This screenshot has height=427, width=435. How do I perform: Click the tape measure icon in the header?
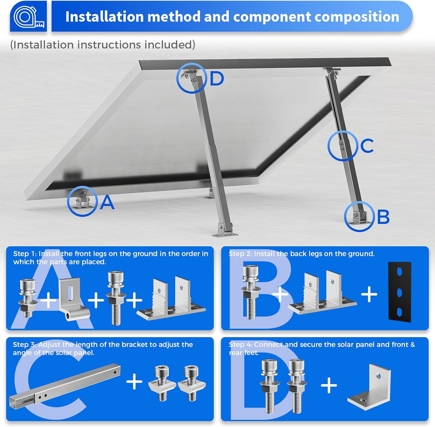tap(29, 17)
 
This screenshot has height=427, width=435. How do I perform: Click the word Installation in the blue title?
tap(104, 17)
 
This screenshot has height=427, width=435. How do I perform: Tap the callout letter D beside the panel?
tap(217, 78)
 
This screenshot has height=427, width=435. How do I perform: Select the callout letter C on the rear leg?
tap(367, 146)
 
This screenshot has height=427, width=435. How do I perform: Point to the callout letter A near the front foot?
tap(107, 202)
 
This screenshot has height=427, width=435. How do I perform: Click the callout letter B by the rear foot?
tap(383, 217)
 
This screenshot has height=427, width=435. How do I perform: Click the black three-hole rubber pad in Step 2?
tap(400, 292)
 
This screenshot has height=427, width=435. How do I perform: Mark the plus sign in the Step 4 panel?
tap(329, 385)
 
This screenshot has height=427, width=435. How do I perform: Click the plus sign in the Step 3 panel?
tap(134, 381)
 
